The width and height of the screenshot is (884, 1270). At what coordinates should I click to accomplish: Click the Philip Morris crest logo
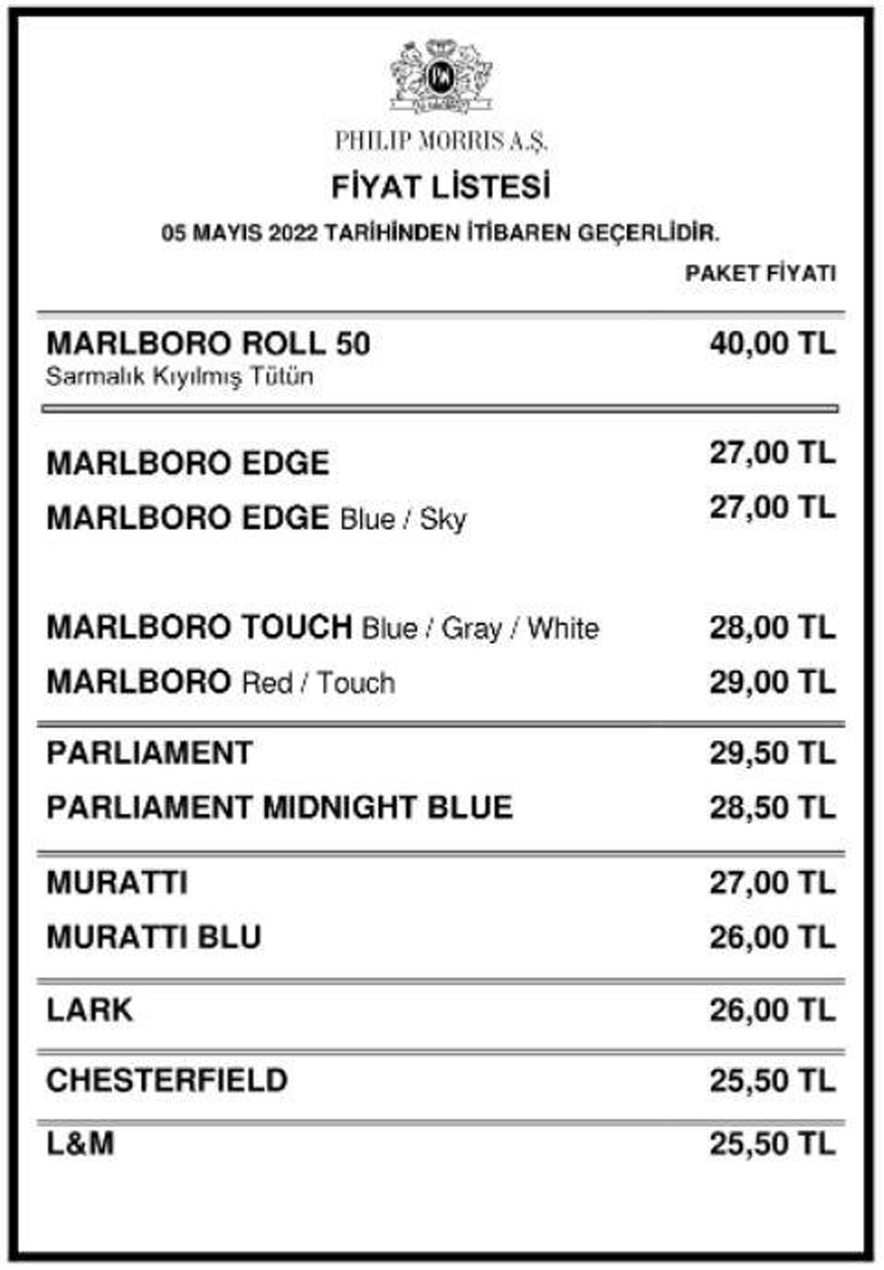click(441, 76)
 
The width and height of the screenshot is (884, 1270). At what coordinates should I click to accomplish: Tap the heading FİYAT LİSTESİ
click(441, 187)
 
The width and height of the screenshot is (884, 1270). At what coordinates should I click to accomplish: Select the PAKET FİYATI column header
click(760, 274)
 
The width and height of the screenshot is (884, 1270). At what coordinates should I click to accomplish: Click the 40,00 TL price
click(772, 344)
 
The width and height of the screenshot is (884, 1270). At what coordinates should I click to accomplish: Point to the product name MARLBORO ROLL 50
click(208, 344)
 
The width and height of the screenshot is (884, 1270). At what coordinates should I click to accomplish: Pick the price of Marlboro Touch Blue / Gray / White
click(772, 627)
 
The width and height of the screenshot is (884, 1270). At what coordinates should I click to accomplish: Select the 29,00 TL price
click(772, 682)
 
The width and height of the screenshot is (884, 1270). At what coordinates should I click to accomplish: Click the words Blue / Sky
click(403, 519)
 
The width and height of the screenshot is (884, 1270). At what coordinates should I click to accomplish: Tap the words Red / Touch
click(317, 683)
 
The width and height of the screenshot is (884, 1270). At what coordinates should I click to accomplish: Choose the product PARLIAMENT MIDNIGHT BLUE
click(279, 807)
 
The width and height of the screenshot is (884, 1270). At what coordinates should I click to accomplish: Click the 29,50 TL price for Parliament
click(772, 753)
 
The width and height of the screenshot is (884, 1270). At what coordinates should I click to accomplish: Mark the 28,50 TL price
click(772, 807)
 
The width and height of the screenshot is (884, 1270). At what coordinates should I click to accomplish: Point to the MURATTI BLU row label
click(154, 937)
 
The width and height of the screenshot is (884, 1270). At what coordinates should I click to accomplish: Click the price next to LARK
click(772, 1010)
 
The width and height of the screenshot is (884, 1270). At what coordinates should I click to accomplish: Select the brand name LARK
click(89, 1010)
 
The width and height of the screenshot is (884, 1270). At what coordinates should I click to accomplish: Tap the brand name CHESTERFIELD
click(167, 1079)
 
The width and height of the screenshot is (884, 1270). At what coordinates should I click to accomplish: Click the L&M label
click(80, 1144)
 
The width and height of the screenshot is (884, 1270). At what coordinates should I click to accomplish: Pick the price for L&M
click(772, 1144)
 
